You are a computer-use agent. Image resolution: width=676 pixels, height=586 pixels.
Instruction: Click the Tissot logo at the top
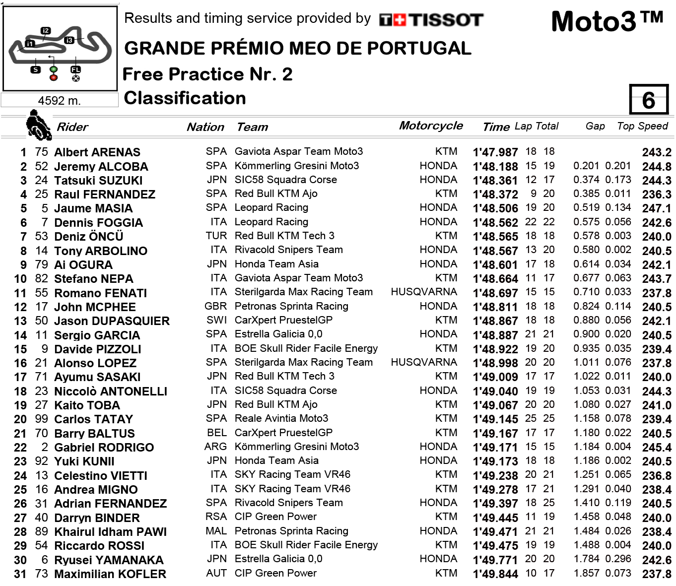[x=431, y=20]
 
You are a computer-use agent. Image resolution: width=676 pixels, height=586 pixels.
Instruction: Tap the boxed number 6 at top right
[x=648, y=100]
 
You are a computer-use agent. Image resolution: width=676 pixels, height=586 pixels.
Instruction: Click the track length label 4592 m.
[x=59, y=101]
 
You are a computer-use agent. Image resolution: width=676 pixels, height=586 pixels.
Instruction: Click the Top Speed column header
[x=642, y=126]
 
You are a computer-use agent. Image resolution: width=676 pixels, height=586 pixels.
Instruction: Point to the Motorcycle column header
[x=431, y=126]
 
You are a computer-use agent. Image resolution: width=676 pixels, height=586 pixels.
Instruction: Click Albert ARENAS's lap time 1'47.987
[x=495, y=152]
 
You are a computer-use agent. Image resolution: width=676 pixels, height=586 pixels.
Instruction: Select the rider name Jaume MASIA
[x=93, y=208]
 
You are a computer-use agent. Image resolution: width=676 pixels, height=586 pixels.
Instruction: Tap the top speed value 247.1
[x=656, y=208]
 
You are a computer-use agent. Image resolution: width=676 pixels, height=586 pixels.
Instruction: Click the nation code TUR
[x=216, y=236]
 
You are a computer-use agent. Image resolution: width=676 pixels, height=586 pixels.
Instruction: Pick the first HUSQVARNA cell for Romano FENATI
[x=424, y=292]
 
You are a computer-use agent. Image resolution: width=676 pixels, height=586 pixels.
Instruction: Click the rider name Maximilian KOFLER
[x=110, y=574]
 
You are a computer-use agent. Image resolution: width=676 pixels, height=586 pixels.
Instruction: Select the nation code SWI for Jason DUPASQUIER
[x=216, y=320]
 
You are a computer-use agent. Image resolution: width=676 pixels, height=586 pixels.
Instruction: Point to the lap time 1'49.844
[x=495, y=574]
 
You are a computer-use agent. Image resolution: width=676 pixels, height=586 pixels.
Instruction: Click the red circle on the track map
[x=54, y=77]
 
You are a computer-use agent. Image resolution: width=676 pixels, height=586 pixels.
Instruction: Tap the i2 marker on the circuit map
[x=46, y=31]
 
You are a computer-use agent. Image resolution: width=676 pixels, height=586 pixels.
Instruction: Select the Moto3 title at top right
[x=607, y=21]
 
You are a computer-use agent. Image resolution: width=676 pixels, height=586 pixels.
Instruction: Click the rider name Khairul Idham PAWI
[x=110, y=532]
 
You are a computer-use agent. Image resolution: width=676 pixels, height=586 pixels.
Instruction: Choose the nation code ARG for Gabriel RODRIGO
[x=215, y=447]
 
